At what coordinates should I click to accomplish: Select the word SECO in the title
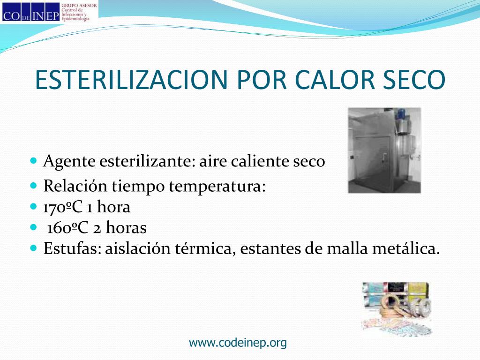point(414,80)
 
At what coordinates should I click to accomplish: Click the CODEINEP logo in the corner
point(30,12)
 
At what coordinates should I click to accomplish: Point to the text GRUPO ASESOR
point(79,5)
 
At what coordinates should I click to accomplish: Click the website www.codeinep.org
point(238,343)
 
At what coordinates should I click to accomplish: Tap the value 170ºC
point(63,207)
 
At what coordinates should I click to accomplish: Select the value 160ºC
point(67,228)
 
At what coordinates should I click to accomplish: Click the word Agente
point(69,162)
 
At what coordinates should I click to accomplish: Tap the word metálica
point(406,248)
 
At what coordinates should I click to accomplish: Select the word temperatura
point(217,186)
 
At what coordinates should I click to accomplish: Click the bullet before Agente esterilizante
point(34,160)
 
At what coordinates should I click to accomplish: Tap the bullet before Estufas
point(34,247)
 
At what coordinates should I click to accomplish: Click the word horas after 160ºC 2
point(126,228)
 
